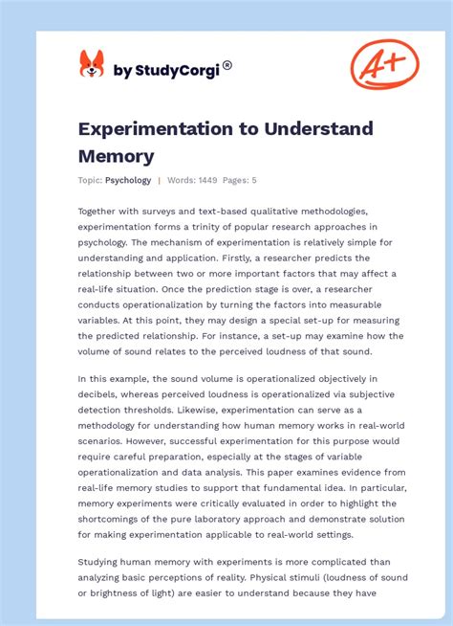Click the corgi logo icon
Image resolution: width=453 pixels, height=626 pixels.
(92, 65)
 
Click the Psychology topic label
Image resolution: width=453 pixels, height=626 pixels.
(128, 180)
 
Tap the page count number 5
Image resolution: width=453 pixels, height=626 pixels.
(253, 180)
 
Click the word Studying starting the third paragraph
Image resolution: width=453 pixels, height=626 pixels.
(102, 562)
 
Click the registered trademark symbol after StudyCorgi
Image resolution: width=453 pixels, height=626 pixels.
(227, 65)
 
